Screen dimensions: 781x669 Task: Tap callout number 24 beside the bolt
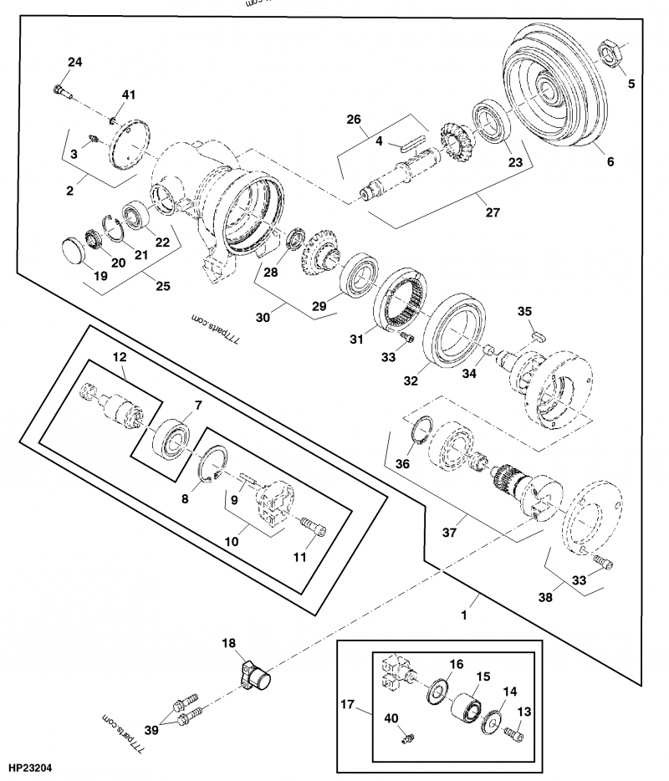pos(75,63)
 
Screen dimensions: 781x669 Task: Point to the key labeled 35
pos(539,334)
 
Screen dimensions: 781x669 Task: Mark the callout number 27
pos(493,212)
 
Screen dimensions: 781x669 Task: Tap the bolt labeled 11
pos(314,527)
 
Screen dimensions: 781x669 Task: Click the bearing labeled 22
pos(135,215)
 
